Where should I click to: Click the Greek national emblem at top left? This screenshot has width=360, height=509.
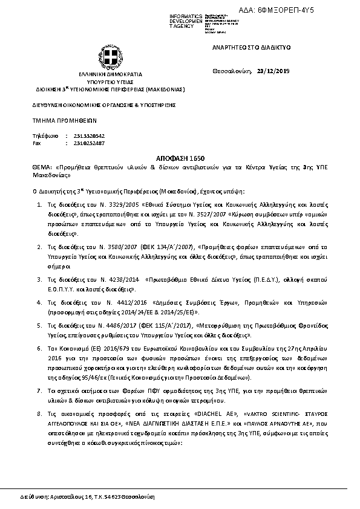(110, 59)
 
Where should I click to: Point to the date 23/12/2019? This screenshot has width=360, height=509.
(273, 71)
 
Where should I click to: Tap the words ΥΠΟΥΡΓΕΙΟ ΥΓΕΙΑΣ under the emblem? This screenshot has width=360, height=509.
(110, 81)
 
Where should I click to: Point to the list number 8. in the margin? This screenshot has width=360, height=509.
(40, 415)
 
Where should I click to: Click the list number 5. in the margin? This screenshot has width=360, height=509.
(40, 325)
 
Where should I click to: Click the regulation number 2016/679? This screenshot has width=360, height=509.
(108, 349)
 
